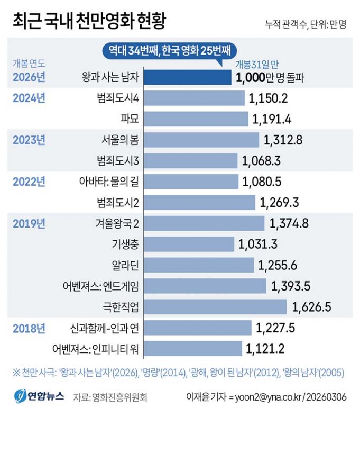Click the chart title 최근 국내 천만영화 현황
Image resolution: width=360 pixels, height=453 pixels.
(89, 22)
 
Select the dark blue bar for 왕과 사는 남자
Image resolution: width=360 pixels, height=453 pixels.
(187, 78)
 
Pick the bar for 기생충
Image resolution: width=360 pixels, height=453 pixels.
(189, 244)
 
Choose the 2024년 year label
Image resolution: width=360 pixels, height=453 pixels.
(29, 98)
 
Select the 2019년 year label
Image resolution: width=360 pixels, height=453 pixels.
(29, 223)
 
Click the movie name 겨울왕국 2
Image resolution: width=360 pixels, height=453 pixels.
(118, 223)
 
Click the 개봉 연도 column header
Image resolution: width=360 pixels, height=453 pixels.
(30, 64)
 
